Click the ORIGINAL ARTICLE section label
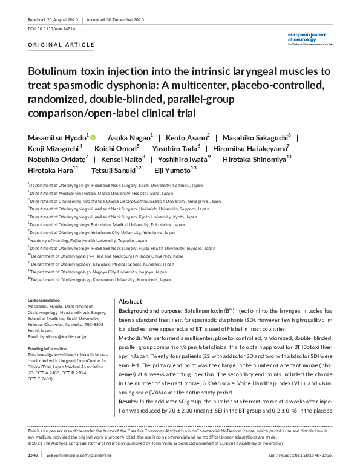point(61,45)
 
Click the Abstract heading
point(130,301)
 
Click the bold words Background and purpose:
point(149,309)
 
